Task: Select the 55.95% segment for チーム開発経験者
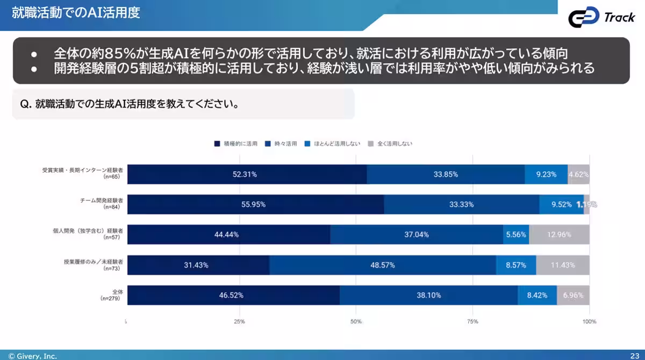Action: [x=255, y=204]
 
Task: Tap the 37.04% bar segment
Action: [x=417, y=234]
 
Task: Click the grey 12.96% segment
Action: [x=559, y=234]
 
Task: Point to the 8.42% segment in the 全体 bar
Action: [x=537, y=295]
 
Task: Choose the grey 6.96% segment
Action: [x=573, y=295]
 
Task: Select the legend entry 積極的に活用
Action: [x=236, y=144]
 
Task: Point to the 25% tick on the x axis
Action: [x=240, y=321]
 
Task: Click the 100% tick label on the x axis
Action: [x=589, y=321]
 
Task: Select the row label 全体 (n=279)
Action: [x=112, y=294]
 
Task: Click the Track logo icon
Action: [x=584, y=18]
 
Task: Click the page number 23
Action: [x=634, y=356]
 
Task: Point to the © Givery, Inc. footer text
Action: [x=32, y=356]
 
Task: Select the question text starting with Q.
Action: [x=129, y=104]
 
